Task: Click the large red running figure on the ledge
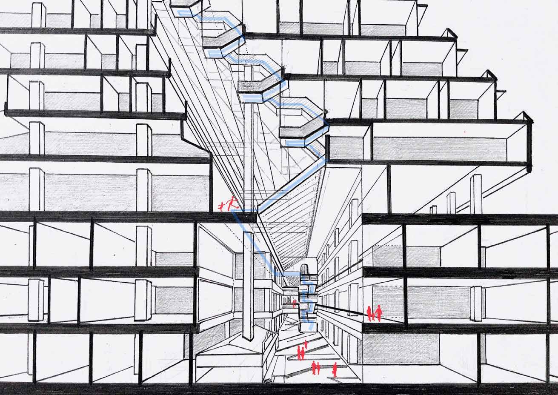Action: point(232,203)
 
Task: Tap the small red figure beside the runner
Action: point(221,207)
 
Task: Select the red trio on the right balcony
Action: point(374,313)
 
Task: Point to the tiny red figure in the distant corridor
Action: point(294,302)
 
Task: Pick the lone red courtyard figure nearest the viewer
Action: point(335,369)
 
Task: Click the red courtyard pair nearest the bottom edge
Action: point(316,367)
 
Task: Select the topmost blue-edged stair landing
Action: point(186,8)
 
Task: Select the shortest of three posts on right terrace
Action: point(433,209)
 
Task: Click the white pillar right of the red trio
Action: point(476,303)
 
